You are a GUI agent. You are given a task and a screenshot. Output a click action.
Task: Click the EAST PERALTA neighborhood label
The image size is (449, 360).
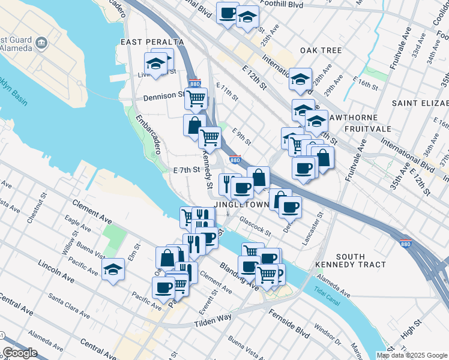152,42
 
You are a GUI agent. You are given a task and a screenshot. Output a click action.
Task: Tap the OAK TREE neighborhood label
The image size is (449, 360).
321,50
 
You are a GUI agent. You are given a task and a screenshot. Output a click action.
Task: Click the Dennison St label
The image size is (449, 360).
163,95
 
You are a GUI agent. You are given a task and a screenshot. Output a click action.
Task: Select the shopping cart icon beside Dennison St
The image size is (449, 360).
196,98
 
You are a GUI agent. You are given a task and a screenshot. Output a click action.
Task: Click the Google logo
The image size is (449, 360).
20,353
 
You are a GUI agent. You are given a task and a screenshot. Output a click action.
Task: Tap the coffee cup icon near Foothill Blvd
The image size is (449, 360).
228,14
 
